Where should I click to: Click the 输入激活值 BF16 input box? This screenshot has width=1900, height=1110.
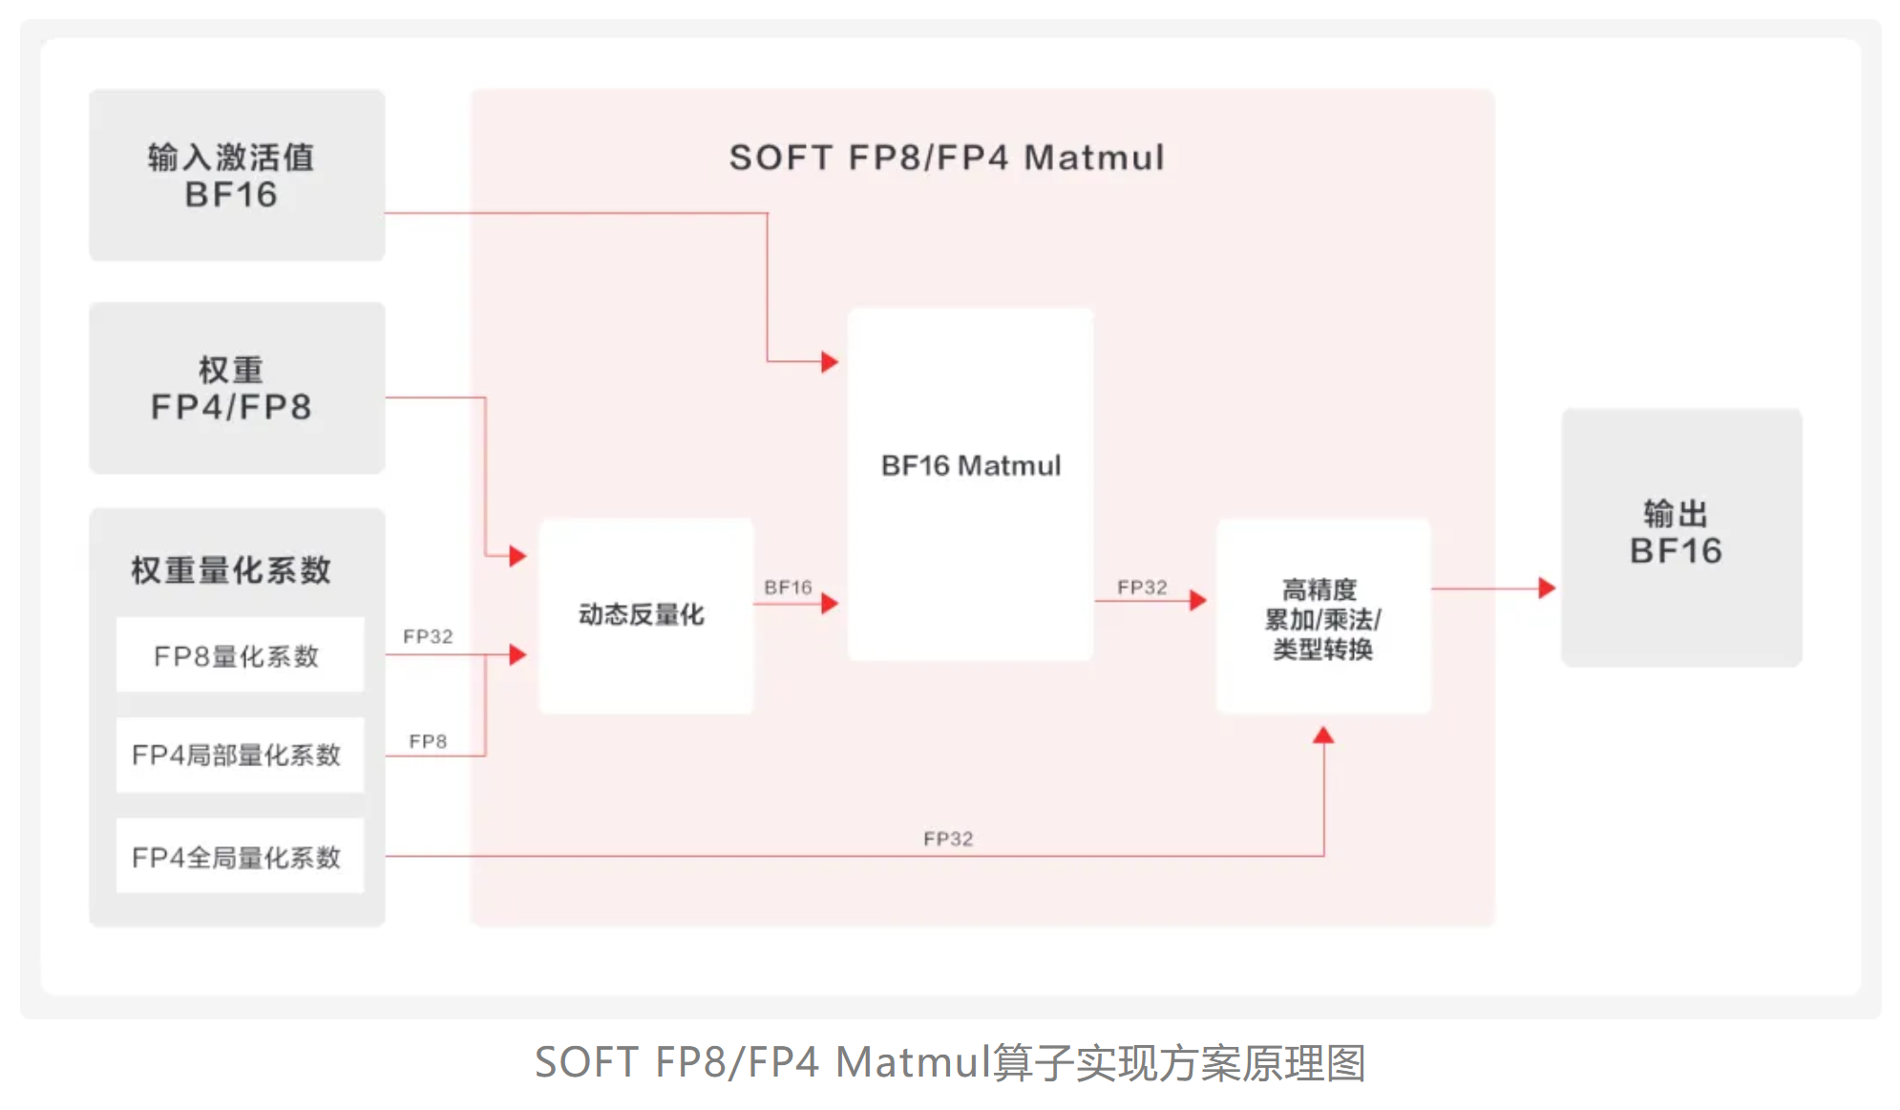click(237, 175)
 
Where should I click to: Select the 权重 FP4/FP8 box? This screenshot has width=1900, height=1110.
click(237, 388)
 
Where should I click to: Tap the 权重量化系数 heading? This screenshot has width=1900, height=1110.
click(231, 570)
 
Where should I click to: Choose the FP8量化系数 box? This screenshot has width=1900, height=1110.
click(239, 655)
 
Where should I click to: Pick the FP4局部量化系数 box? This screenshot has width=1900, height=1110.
click(239, 755)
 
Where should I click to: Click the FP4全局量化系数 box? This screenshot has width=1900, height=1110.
click(239, 857)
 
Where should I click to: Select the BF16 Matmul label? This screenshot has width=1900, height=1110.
click(970, 466)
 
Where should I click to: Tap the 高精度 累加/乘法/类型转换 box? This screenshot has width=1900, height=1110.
click(1322, 618)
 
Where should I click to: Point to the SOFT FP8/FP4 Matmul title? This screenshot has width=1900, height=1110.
click(947, 158)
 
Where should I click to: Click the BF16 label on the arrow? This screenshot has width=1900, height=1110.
click(788, 587)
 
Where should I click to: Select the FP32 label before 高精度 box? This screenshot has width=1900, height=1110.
click(1142, 587)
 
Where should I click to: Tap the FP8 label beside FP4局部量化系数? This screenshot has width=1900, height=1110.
click(428, 741)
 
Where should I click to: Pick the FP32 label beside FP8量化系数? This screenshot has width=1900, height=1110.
click(428, 636)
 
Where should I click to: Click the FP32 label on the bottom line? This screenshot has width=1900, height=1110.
click(948, 839)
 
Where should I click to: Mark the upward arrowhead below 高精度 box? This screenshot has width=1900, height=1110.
click(1323, 736)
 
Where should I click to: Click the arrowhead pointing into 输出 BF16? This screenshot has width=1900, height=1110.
click(1547, 588)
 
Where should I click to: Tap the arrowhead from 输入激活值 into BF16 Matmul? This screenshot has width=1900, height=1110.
click(830, 362)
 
